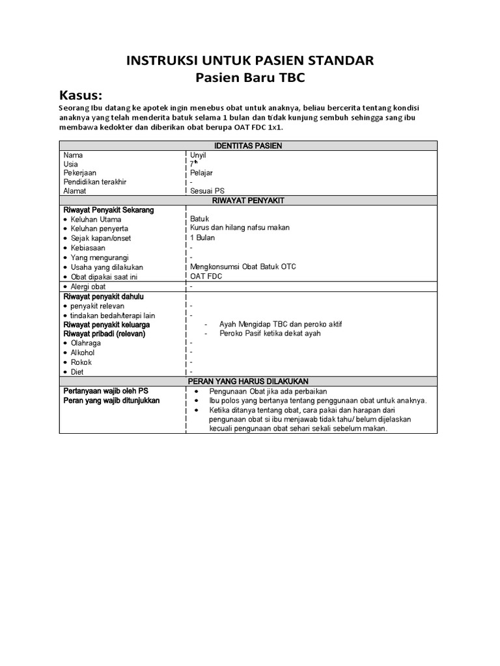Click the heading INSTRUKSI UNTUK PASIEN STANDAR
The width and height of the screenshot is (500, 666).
[250, 61]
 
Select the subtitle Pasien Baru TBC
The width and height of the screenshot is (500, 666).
[250, 78]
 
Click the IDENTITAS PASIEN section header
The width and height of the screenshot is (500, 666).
[248, 146]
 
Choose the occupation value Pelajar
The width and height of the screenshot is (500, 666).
[201, 173]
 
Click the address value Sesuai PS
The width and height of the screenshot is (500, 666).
[206, 191]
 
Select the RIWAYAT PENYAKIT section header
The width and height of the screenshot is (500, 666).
[248, 201]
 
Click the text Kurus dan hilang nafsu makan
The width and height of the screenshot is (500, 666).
[240, 228]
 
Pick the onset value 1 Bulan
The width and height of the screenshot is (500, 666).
[202, 237]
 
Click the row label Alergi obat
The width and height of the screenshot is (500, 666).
[88, 286]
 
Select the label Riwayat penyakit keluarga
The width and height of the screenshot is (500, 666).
[106, 325]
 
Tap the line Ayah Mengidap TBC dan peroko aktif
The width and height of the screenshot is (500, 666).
[281, 324]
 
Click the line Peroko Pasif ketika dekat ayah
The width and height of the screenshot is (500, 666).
[270, 333]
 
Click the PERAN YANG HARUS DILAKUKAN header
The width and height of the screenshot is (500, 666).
[248, 380]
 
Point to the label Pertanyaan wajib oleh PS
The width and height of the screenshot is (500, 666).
[106, 391]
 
